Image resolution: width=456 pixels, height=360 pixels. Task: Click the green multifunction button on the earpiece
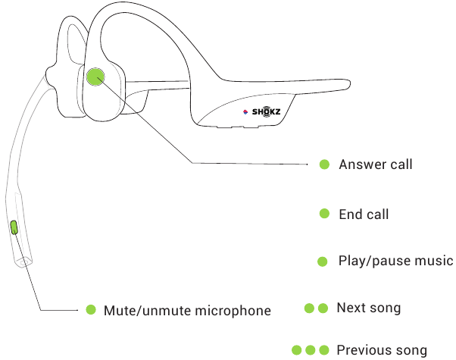pos(96,76)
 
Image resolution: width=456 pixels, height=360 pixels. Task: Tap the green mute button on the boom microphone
pos(14,227)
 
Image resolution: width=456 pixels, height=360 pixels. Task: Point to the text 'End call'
pos(364,214)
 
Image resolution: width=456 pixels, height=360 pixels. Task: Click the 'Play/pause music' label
pos(395,261)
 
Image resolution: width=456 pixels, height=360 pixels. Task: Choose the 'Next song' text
pos(369,308)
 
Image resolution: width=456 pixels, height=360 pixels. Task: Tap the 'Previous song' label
pos(381,350)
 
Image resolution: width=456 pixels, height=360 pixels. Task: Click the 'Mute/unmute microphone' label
pos(186,310)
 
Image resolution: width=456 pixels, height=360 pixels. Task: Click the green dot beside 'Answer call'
pos(324,164)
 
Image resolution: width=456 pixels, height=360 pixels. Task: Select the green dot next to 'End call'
pos(324,214)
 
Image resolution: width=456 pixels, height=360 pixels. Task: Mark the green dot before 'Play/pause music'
pos(323,261)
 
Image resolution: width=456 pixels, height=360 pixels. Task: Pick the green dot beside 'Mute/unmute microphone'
pos(90,310)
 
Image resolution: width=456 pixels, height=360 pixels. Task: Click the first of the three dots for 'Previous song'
pos(298,350)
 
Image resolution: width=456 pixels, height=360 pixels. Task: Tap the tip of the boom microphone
pos(23,260)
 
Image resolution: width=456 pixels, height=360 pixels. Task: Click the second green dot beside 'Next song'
pos(323,308)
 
